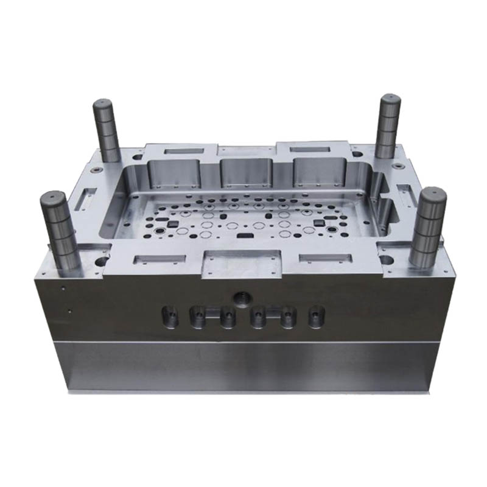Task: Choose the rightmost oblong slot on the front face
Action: coord(315,316)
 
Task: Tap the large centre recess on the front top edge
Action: coord(242,262)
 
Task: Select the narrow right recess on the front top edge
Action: coord(323,258)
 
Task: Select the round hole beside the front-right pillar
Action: coord(385,260)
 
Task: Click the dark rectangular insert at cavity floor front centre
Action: coord(247,233)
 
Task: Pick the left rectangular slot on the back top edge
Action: coord(181,149)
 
